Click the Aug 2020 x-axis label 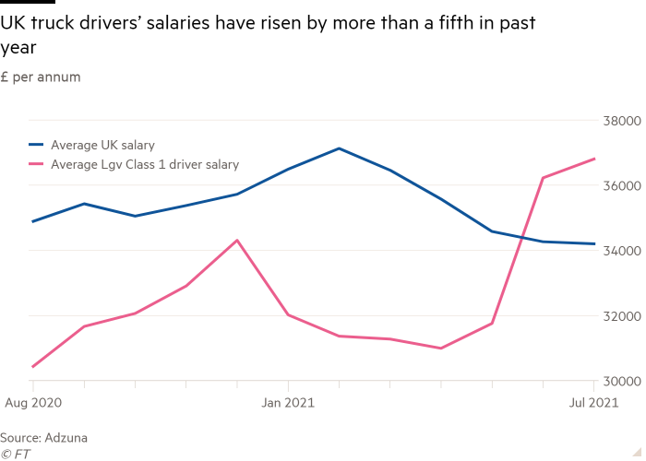coord(33,402)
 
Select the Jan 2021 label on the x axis coord(288,402)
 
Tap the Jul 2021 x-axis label coord(593,402)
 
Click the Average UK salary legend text coord(102,145)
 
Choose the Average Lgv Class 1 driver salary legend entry coord(145,165)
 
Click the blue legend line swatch coord(38,145)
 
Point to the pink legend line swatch coord(38,165)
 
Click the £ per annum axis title coord(41,77)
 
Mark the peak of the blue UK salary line coord(340,148)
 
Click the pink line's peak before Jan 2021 coord(238,241)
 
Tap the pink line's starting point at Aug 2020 coord(33,367)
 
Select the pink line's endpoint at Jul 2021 coord(594,159)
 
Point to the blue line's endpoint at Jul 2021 coord(594,243)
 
